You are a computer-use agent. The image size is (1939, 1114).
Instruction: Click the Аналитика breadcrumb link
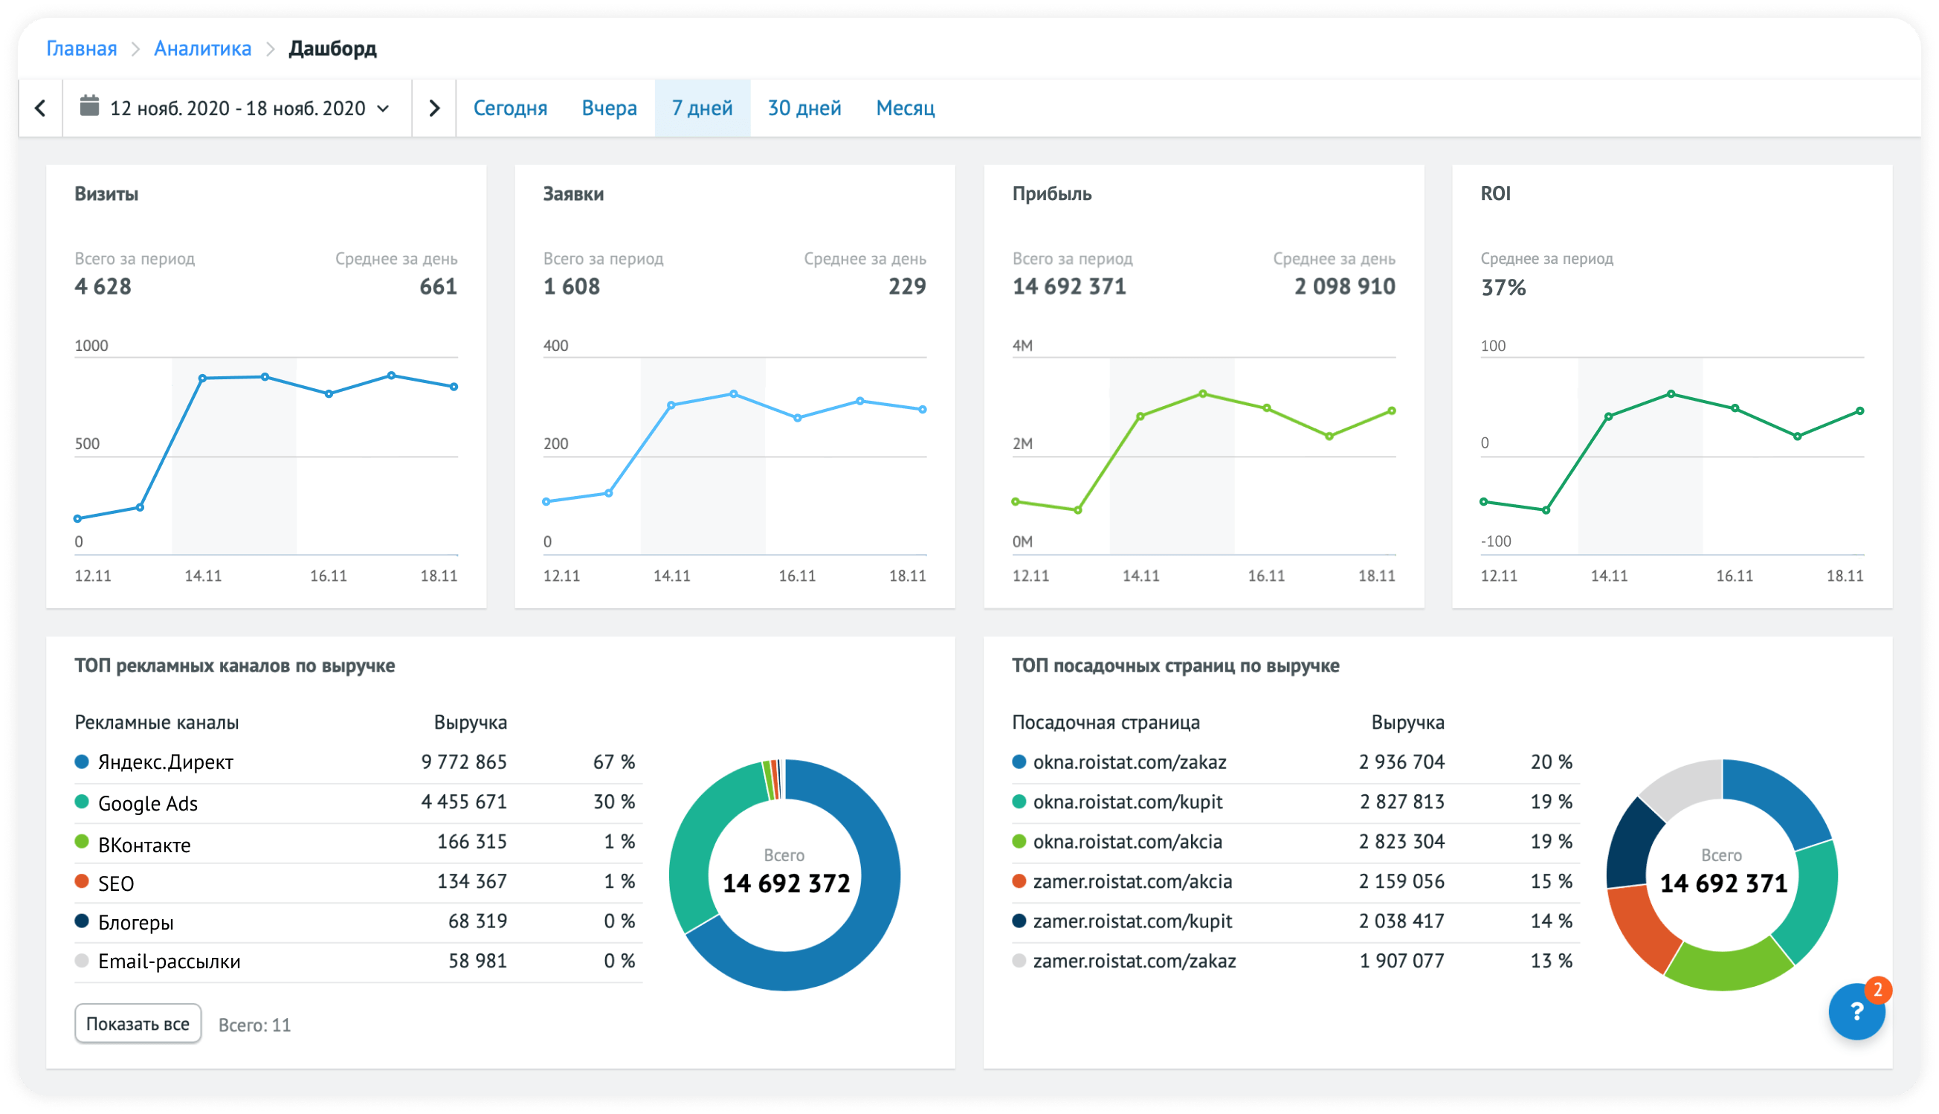click(x=202, y=48)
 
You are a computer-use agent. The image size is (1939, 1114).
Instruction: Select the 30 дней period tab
click(x=804, y=108)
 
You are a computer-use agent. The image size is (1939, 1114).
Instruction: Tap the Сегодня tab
click(x=510, y=108)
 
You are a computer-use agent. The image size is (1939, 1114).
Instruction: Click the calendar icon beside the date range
click(x=89, y=106)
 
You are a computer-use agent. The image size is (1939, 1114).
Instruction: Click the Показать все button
click(x=138, y=1024)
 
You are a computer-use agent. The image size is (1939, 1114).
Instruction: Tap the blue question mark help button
click(x=1856, y=1011)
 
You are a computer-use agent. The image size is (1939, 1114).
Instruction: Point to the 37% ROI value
click(x=1503, y=288)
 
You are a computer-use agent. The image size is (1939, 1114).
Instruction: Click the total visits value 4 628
click(x=103, y=287)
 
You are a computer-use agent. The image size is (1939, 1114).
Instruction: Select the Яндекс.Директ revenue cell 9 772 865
click(x=463, y=762)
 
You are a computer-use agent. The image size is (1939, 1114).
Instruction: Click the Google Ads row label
click(x=148, y=803)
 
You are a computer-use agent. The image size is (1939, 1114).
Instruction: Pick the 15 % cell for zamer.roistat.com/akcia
click(x=1551, y=881)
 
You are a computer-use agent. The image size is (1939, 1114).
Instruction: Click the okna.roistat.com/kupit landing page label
click(x=1127, y=802)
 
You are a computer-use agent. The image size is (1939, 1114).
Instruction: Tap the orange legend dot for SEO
click(x=82, y=881)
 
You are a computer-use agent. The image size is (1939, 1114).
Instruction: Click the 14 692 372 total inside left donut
click(x=787, y=883)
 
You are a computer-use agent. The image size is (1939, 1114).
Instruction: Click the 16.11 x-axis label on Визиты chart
click(x=328, y=576)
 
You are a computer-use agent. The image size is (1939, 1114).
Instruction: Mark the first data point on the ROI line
click(x=1484, y=502)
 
